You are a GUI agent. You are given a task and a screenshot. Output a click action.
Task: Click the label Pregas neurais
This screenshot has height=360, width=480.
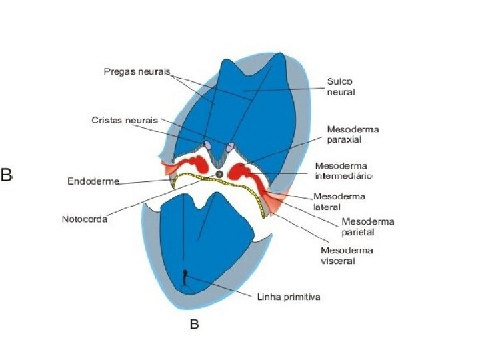[x=137, y=71]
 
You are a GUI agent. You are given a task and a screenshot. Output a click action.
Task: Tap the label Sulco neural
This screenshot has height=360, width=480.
[x=340, y=87]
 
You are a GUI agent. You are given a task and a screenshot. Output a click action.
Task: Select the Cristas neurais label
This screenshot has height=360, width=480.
[x=125, y=120]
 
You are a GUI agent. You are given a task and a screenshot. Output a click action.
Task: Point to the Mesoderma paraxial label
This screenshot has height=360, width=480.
[x=353, y=135]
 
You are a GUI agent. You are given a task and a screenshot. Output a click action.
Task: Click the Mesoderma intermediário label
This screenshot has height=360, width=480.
[x=343, y=171]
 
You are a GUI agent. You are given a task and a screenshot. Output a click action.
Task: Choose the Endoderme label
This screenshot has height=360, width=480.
[x=93, y=181]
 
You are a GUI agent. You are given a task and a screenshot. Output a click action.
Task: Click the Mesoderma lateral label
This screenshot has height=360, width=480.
[x=335, y=201]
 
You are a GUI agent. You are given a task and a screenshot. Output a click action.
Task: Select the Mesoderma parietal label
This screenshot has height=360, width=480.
[x=367, y=227]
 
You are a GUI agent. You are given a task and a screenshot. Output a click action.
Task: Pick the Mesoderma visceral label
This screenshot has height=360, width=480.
[x=347, y=255]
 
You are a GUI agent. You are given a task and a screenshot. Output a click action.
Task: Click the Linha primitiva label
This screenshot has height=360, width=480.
[x=289, y=297]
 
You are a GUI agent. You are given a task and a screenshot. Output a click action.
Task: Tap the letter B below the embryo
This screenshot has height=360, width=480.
[x=195, y=325]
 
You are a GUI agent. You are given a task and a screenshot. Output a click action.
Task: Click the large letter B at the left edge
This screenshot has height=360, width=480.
[x=7, y=175]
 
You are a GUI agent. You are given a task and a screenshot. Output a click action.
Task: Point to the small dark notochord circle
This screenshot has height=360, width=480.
[x=219, y=174]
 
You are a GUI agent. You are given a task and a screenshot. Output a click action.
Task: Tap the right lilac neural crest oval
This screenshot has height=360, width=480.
[x=231, y=146]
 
